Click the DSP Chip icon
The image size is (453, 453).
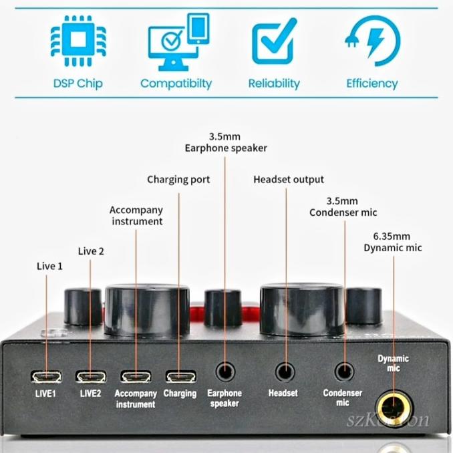[x=78, y=41]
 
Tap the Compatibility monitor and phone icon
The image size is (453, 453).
[x=176, y=42]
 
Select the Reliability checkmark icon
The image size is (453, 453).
[x=274, y=41]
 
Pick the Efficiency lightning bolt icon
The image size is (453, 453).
[x=372, y=41]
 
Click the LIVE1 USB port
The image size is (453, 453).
[x=46, y=377]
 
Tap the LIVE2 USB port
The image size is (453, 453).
[x=90, y=377]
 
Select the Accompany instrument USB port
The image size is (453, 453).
[x=136, y=377]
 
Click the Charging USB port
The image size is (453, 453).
[x=180, y=377]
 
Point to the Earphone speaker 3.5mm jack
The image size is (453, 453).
[x=225, y=371]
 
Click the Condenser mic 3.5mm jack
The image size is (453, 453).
[x=345, y=371]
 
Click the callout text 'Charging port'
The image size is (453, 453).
[x=178, y=179]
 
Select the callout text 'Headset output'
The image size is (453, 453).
[x=289, y=179]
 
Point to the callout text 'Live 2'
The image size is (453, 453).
[x=91, y=251]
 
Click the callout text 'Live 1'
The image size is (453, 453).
[x=49, y=266]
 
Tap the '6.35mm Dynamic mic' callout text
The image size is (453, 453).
[x=393, y=242]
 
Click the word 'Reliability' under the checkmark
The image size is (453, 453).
[x=274, y=84]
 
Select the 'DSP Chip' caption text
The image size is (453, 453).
[x=78, y=84]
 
